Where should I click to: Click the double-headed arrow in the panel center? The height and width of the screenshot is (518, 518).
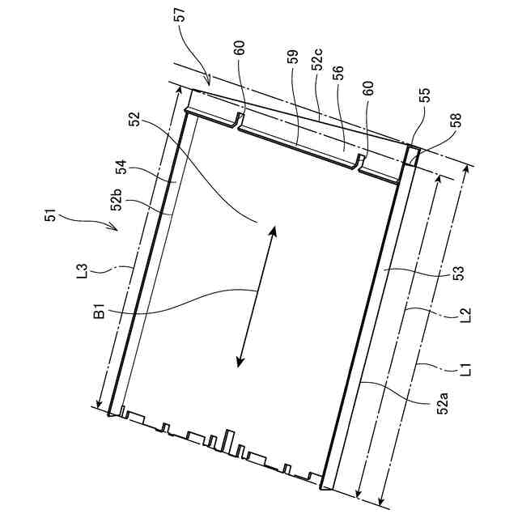(x=257, y=297)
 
